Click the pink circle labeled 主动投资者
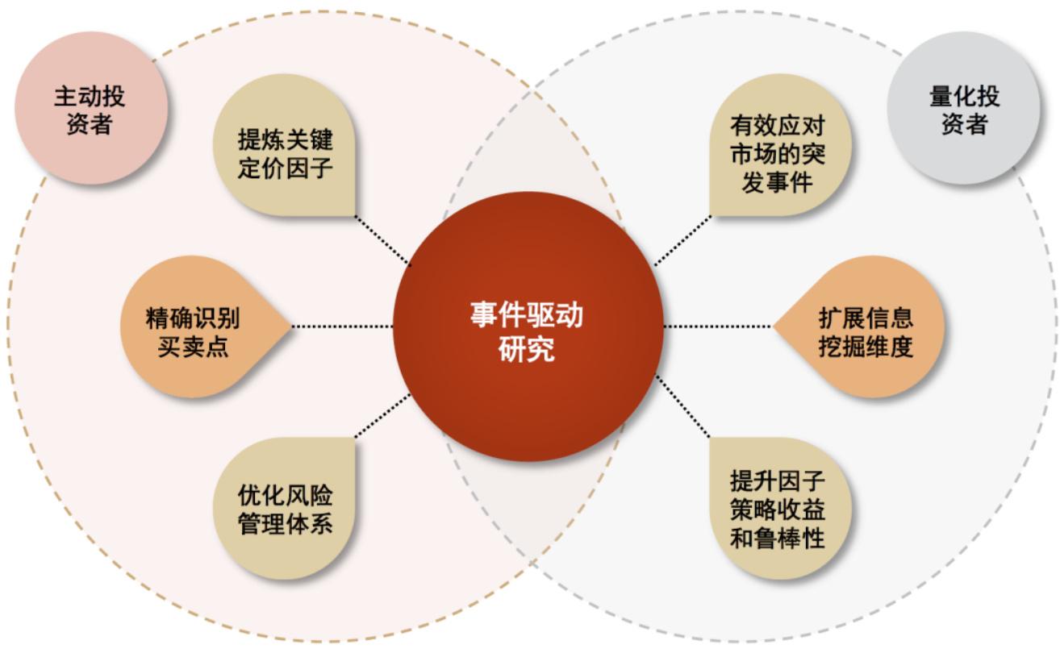91,108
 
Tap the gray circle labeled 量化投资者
963,108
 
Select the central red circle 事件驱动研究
528,326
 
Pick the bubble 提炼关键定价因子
284,144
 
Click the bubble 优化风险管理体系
284,509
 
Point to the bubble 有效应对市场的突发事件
781,144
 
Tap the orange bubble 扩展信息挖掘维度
859,326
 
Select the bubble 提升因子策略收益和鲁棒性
781,509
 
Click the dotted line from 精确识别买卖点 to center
343,326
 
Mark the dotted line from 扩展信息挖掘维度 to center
718,326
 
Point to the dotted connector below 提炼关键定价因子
383,241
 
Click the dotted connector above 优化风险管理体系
383,415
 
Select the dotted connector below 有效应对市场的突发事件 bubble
682,241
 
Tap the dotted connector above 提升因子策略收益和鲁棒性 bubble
682,406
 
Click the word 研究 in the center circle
527,350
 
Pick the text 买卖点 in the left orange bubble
193,347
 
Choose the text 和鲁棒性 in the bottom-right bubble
778,538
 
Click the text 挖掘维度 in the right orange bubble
866,347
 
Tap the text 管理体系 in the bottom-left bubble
286,523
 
